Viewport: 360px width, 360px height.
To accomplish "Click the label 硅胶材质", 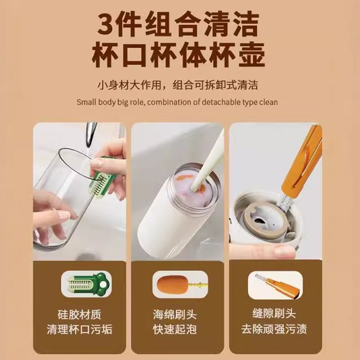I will [x=79, y=313].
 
